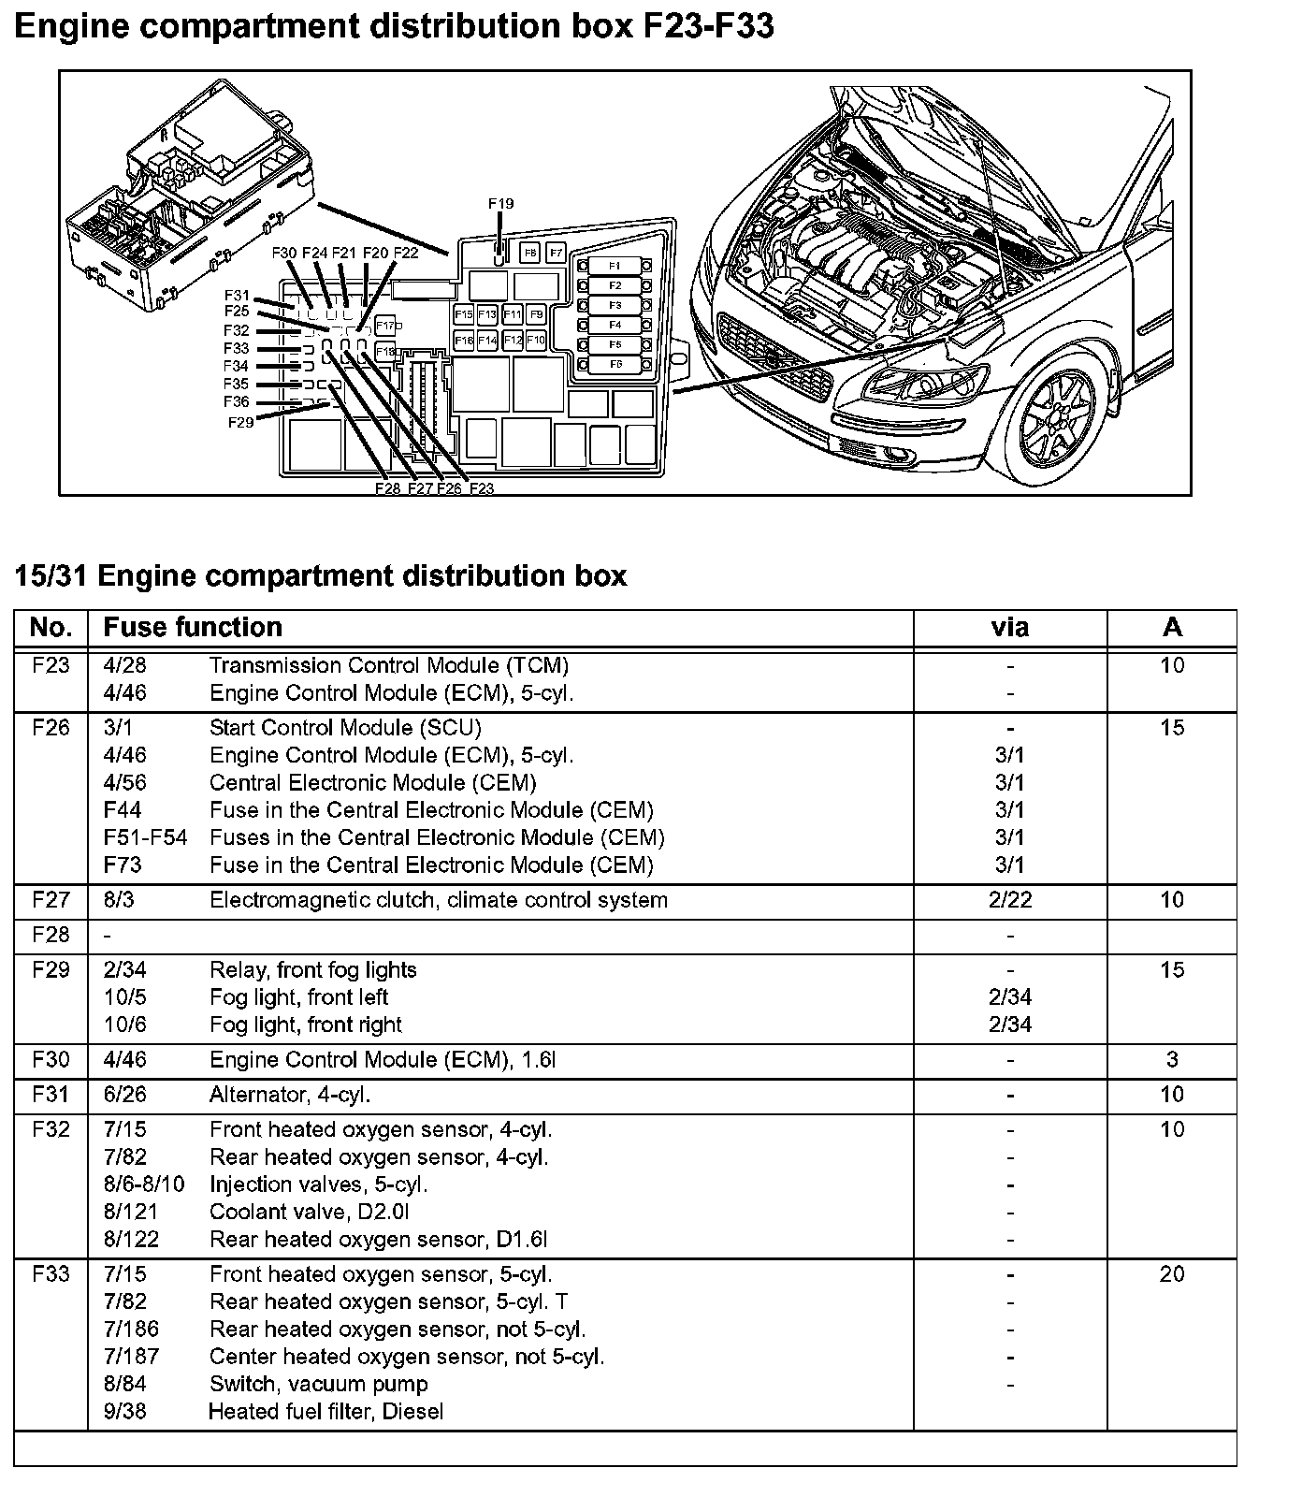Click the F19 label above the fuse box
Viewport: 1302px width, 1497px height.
click(x=500, y=204)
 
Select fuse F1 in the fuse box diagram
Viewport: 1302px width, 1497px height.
click(x=615, y=266)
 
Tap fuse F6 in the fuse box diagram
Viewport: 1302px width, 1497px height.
click(x=615, y=364)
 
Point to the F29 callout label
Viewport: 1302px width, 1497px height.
click(x=240, y=423)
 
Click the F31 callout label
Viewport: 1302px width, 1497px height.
click(x=238, y=296)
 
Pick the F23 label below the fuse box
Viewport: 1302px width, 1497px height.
click(x=482, y=488)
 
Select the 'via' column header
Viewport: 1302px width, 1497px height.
click(x=1009, y=627)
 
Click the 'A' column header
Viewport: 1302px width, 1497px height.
click(x=1172, y=627)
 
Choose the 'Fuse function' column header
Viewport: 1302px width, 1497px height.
click(x=193, y=627)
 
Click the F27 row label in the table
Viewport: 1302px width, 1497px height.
click(x=51, y=900)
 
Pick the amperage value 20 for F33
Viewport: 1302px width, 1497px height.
click(x=1172, y=1274)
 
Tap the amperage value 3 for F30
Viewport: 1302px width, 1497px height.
click(x=1172, y=1060)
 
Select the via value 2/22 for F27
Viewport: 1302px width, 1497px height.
click(x=1009, y=900)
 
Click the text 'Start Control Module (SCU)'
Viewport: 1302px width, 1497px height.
click(x=345, y=728)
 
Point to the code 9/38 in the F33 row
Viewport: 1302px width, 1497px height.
click(x=124, y=1411)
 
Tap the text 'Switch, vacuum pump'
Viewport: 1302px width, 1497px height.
click(x=319, y=1384)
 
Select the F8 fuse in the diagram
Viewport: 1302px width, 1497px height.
click(x=529, y=253)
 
